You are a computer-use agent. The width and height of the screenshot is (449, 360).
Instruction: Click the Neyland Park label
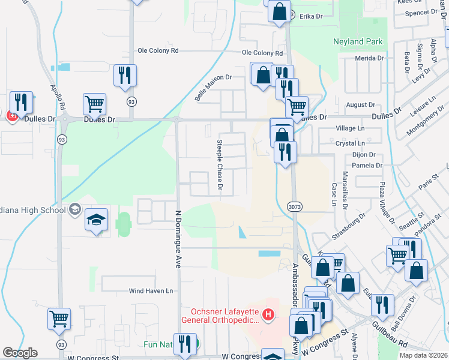[358, 43]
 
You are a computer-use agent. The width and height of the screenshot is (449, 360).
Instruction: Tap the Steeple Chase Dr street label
[220, 167]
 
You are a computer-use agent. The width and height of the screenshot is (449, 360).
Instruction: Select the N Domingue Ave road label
[178, 236]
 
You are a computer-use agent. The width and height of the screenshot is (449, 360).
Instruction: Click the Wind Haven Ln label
[151, 291]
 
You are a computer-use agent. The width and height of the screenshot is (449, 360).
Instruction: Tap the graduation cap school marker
[95, 220]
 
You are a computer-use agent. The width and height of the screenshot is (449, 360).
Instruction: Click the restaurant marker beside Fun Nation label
[185, 344]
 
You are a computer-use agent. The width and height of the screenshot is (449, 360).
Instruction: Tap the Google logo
[20, 353]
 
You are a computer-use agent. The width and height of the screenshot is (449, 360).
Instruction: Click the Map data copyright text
[423, 355]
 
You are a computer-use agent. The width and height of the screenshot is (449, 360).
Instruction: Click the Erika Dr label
[312, 17]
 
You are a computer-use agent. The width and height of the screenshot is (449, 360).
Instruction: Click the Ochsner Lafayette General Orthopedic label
[225, 316]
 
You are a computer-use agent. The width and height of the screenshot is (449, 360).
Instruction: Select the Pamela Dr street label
[368, 165]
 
